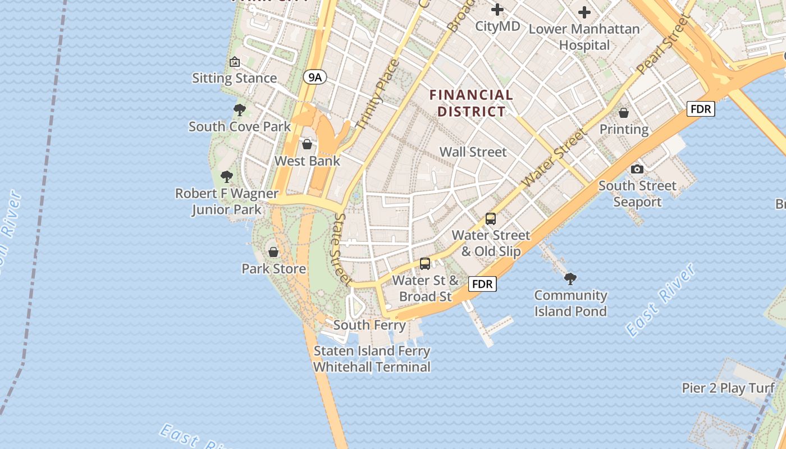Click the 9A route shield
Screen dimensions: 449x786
coord(314,77)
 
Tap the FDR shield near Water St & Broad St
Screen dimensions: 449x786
coord(482,284)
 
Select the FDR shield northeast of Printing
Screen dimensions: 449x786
coord(701,109)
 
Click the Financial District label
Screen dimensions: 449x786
coord(472,103)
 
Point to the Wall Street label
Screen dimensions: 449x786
coord(473,152)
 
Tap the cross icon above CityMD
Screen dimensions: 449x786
coord(497,10)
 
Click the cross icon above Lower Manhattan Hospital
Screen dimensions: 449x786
coord(584,12)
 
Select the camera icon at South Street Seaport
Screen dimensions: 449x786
coord(637,169)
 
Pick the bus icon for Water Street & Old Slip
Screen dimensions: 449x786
coord(491,219)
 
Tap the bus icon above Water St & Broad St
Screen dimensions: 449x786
coord(425,264)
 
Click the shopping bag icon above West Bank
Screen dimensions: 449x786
coord(307,144)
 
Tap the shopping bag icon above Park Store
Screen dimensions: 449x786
coord(273,252)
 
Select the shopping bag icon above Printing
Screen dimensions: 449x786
coord(624,113)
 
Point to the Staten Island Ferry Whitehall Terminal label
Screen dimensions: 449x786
coord(372,359)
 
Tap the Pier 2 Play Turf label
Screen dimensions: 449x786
coord(728,388)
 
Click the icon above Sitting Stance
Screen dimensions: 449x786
coord(235,62)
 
